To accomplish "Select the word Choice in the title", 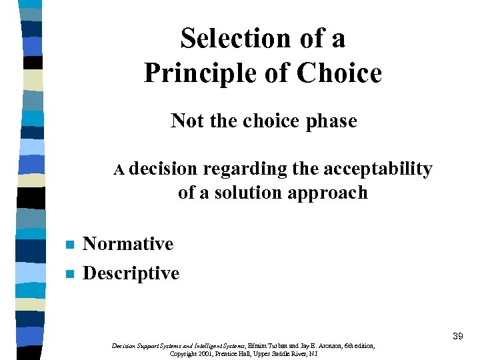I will (x=340, y=73).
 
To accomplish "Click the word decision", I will (x=163, y=169).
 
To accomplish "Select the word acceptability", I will (x=377, y=169).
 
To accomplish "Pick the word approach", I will (x=335, y=193).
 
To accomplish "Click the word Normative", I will (x=128, y=244).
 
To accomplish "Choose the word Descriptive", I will (x=131, y=273).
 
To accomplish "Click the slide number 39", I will (x=457, y=337).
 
